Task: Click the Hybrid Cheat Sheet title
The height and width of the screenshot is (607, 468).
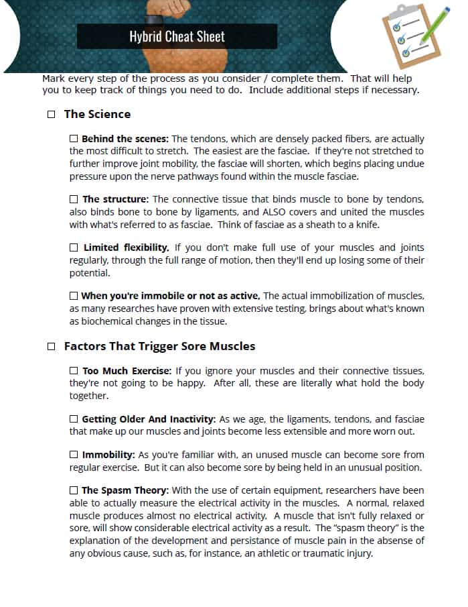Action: (177, 37)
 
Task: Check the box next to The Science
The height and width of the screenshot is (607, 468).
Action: (52, 115)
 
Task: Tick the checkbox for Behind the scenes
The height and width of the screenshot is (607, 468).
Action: (74, 138)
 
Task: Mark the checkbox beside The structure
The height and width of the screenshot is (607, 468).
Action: (74, 199)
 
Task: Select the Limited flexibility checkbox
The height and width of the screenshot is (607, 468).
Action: (74, 247)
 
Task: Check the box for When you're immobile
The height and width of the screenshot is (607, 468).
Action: (74, 295)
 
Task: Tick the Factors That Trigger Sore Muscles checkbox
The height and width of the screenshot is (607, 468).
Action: (52, 347)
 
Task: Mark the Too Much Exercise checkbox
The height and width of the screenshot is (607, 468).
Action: (74, 371)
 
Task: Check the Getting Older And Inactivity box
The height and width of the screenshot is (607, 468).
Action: (74, 419)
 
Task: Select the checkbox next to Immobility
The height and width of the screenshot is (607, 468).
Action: (74, 455)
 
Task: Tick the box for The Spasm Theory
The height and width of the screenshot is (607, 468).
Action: (74, 491)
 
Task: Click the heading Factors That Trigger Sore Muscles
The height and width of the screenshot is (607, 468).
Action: (159, 347)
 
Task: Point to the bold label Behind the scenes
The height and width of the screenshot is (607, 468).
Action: (125, 139)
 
